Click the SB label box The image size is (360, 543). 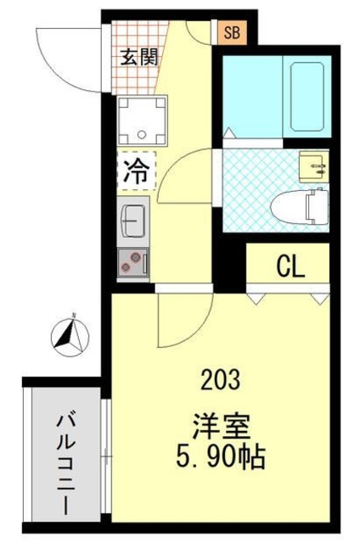[231, 34]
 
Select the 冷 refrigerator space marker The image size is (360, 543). [134, 170]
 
